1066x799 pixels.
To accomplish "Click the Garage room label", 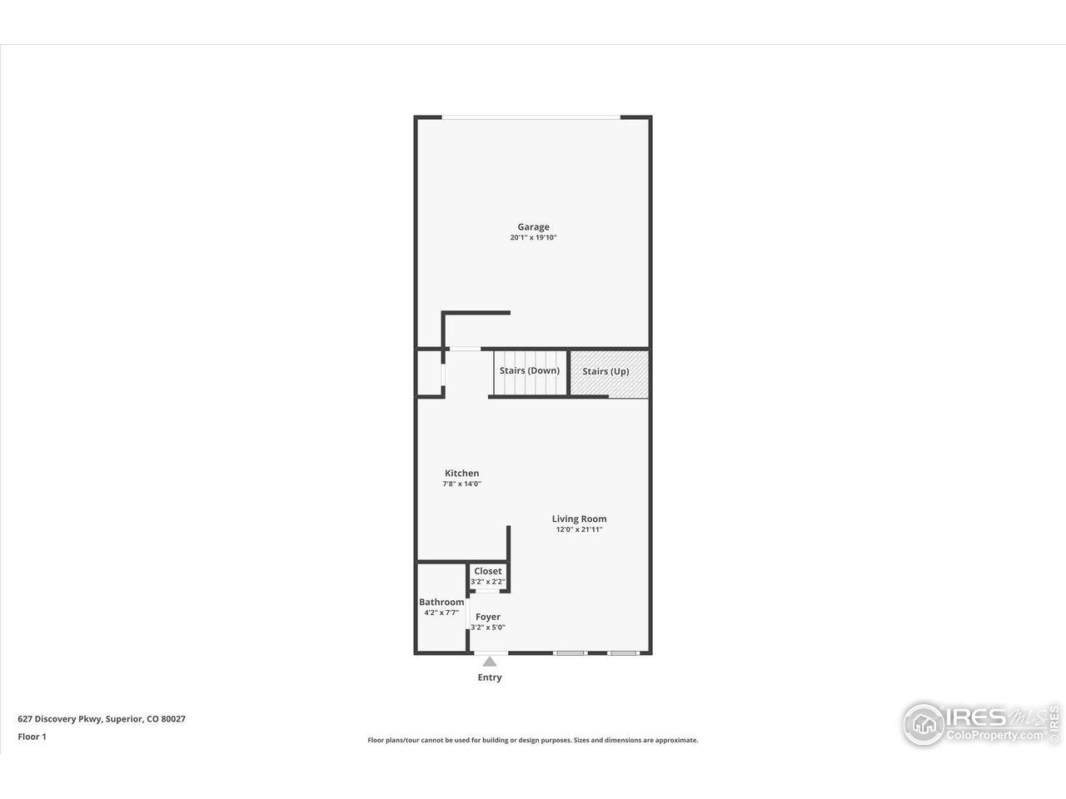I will (x=533, y=226).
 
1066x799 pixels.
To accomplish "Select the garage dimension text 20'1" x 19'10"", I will (x=533, y=238).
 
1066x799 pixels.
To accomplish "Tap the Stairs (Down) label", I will (x=529, y=370).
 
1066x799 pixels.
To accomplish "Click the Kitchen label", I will (x=461, y=473).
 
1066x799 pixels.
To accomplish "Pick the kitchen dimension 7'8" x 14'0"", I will (x=461, y=484).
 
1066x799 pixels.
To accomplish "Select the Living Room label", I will (x=579, y=519).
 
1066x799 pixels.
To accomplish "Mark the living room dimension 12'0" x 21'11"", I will (x=579, y=529).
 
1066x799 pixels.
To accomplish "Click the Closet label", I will (x=488, y=571).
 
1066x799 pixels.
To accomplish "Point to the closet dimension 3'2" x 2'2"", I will (x=488, y=581).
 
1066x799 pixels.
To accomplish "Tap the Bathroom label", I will (x=441, y=602).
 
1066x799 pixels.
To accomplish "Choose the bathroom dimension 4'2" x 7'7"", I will (x=441, y=613).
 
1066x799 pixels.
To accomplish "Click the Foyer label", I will (x=488, y=617).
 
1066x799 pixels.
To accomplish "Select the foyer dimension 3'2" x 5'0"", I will (x=488, y=628).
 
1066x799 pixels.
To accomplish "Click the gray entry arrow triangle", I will (x=490, y=662).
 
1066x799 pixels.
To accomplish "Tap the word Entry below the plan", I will (x=490, y=677).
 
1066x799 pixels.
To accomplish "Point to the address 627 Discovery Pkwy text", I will (x=102, y=718).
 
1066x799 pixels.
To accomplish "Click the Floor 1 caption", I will (x=32, y=736).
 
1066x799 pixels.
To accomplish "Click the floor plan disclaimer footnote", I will (x=533, y=740).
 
